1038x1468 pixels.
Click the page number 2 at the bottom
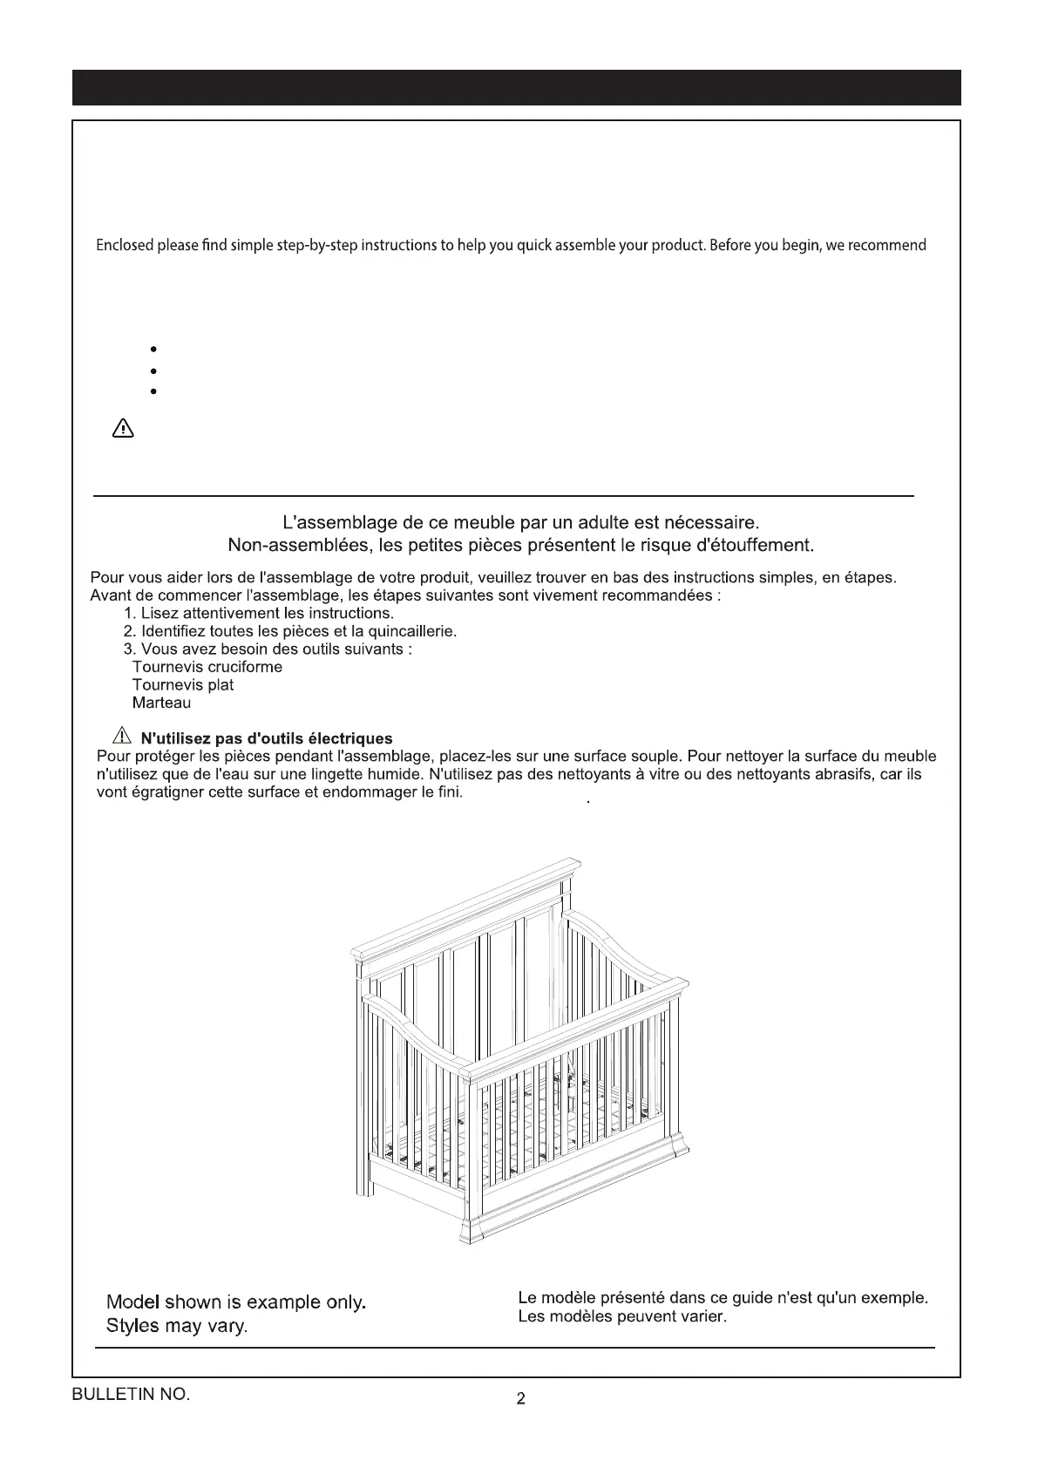(x=520, y=1399)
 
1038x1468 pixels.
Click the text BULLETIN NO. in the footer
(x=131, y=1394)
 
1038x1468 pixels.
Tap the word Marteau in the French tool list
(x=161, y=703)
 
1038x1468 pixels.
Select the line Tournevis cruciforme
(x=207, y=667)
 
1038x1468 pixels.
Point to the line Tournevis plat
(x=183, y=685)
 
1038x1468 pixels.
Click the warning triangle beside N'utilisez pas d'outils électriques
(x=121, y=737)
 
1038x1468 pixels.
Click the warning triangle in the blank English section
(x=123, y=429)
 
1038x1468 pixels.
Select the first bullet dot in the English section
(x=153, y=349)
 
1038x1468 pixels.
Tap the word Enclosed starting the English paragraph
(x=124, y=245)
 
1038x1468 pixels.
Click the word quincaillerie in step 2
(x=411, y=630)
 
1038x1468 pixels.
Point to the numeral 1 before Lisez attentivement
(x=128, y=613)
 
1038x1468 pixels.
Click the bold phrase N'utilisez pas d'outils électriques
(x=267, y=739)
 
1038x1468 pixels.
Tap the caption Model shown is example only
(x=235, y=1302)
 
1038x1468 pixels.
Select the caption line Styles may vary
(x=177, y=1326)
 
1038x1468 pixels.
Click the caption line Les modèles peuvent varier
(x=622, y=1316)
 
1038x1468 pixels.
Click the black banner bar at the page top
(x=516, y=87)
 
